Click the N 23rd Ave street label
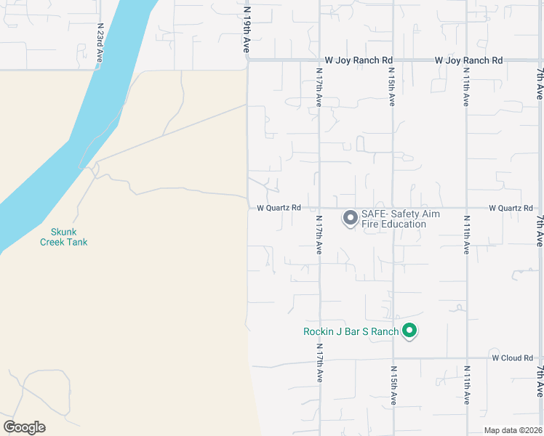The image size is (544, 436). pyautogui.click(x=100, y=44)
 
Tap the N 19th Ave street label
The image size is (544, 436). pyautogui.click(x=247, y=30)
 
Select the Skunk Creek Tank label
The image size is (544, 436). pyautogui.click(x=63, y=236)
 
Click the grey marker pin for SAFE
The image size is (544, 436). pyautogui.click(x=350, y=217)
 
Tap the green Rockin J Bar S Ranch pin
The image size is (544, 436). pyautogui.click(x=409, y=331)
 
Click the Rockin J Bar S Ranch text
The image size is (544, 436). pyautogui.click(x=351, y=332)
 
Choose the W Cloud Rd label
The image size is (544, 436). pyautogui.click(x=512, y=358)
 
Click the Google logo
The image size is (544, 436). pyautogui.click(x=24, y=427)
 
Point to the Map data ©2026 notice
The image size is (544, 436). pyautogui.click(x=513, y=430)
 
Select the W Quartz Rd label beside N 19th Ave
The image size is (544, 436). pyautogui.click(x=279, y=208)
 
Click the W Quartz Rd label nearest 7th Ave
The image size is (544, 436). pyautogui.click(x=511, y=208)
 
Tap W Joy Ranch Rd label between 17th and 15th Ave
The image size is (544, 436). pyautogui.click(x=358, y=60)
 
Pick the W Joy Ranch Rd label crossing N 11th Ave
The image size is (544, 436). pyautogui.click(x=468, y=60)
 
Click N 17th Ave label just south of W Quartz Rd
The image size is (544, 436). pyautogui.click(x=319, y=233)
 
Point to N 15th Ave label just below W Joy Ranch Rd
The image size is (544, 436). pyautogui.click(x=391, y=87)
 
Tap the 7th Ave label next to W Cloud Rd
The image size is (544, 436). pyautogui.click(x=540, y=381)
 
